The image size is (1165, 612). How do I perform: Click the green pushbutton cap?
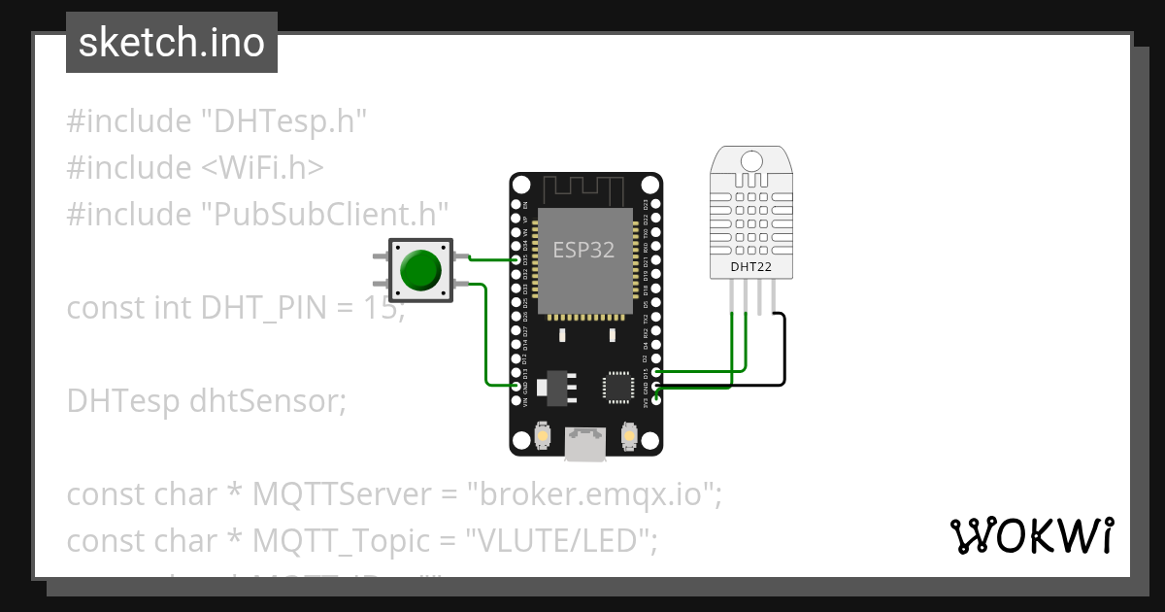tap(419, 270)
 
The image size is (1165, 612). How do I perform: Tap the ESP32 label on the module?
tap(583, 250)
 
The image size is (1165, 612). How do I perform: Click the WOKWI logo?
tap(1031, 535)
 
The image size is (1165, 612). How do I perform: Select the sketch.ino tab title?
tap(172, 43)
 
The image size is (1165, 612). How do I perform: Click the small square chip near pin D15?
tap(618, 386)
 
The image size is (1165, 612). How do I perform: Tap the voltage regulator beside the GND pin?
tap(558, 386)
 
